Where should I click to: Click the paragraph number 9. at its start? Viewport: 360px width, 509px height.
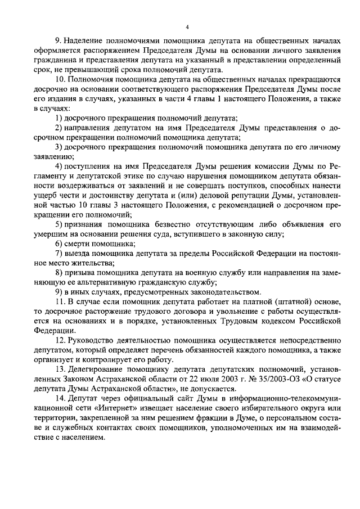(x=58, y=41)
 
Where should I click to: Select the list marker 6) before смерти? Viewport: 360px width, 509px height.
(x=58, y=244)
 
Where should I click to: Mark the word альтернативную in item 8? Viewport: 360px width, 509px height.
(x=99, y=282)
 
